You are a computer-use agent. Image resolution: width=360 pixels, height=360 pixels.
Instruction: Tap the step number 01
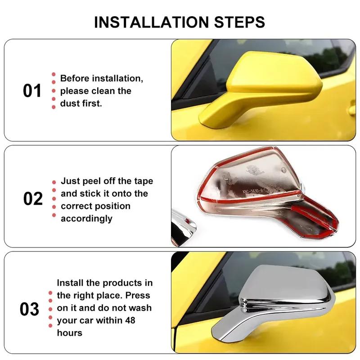[x=32, y=91]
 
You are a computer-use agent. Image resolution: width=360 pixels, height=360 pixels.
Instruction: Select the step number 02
[x=33, y=198]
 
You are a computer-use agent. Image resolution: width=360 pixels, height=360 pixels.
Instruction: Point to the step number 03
[x=30, y=309]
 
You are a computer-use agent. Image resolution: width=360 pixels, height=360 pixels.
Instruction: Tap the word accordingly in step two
[x=86, y=219]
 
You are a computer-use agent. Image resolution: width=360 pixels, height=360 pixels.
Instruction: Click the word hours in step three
[x=69, y=333]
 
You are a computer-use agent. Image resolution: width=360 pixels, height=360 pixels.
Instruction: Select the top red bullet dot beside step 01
[x=54, y=75]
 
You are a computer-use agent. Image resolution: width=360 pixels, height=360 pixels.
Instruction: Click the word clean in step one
[x=104, y=91]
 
